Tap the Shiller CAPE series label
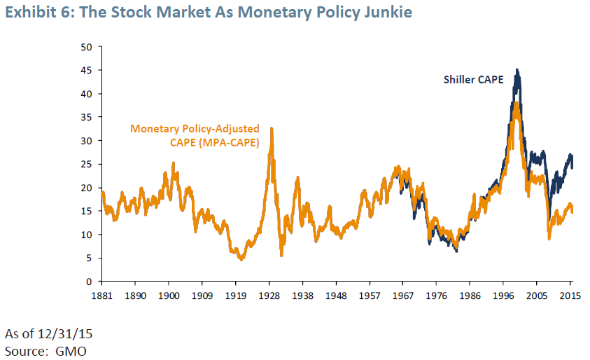click(x=473, y=79)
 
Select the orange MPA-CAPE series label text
click(x=195, y=136)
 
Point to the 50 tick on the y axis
click(x=86, y=47)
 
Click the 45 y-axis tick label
click(x=86, y=71)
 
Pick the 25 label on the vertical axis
click(x=86, y=164)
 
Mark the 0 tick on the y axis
click(x=89, y=282)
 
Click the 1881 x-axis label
click(x=102, y=296)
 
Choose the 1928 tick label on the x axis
click(x=269, y=296)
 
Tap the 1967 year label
click(x=403, y=296)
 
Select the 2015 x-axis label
click(x=570, y=296)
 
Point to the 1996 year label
click(x=503, y=296)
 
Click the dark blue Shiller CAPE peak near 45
click(x=517, y=69)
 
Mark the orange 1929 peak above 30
click(x=272, y=128)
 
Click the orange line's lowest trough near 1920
click(x=241, y=259)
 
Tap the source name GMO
click(x=71, y=352)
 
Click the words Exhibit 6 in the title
click(x=36, y=12)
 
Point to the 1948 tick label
click(x=336, y=296)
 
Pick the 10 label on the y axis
click(x=86, y=235)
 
